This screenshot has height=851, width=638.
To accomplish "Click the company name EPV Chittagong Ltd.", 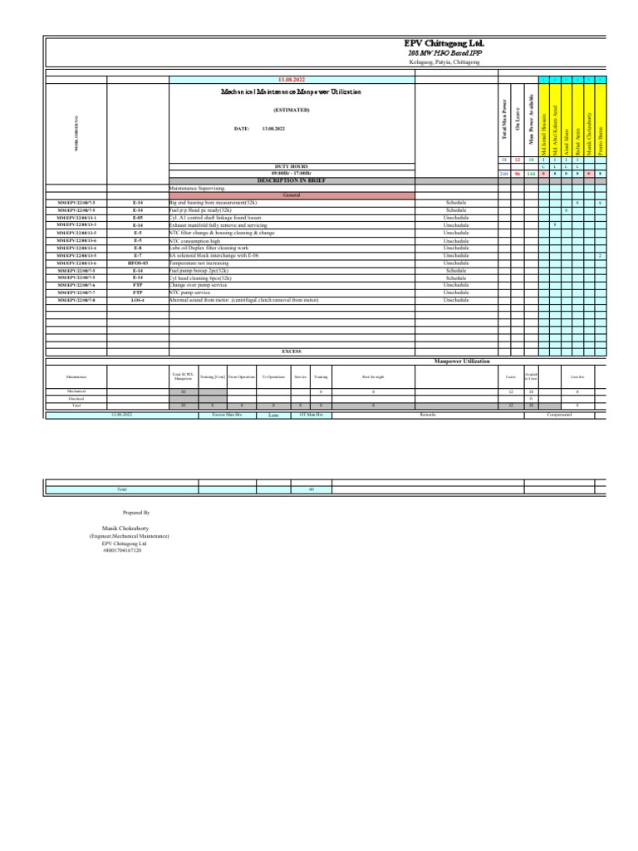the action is point(444,43).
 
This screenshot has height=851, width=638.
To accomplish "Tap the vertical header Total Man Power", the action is point(503,116).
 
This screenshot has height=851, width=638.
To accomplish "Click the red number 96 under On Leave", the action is point(517,174).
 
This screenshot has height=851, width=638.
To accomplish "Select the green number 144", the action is point(530,174).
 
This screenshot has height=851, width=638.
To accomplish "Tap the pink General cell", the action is point(291,194).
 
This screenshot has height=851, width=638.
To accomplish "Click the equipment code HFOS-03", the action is point(138,263).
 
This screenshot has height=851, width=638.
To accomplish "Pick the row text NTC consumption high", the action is point(196,240).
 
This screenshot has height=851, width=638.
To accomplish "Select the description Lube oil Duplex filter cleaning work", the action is point(209,248).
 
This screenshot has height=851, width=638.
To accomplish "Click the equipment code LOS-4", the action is point(138,300).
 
